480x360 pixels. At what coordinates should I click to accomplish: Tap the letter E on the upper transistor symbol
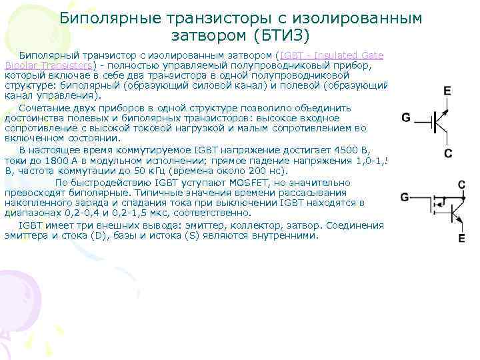[x=447, y=90]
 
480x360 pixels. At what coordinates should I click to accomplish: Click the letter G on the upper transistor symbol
[x=405, y=117]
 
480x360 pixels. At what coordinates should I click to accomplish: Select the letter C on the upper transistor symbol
[x=448, y=154]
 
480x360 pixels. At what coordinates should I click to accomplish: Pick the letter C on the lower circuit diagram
[x=461, y=185]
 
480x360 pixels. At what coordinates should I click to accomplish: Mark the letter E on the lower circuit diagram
[x=461, y=238]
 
